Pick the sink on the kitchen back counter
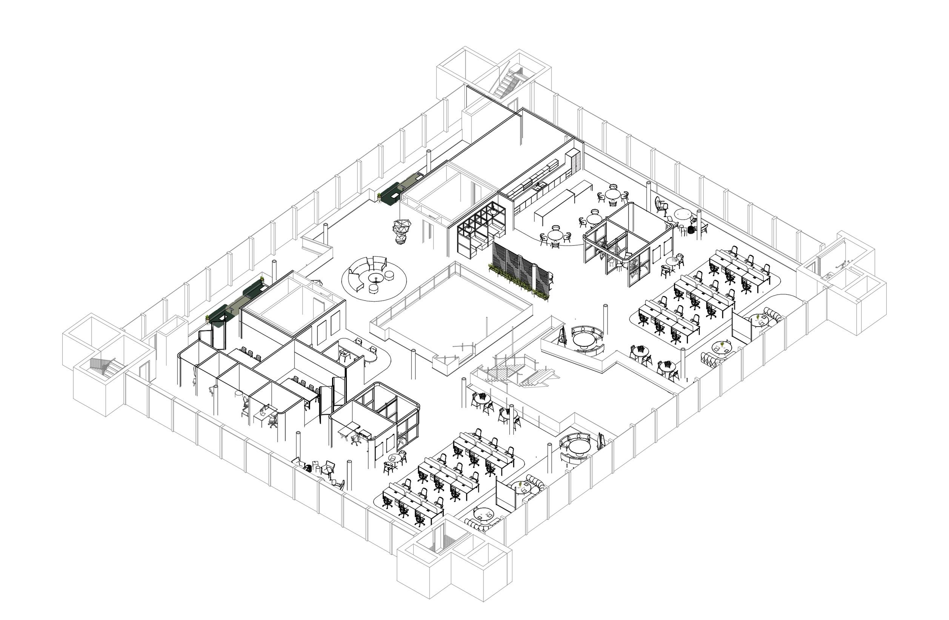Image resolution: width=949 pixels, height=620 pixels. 540,186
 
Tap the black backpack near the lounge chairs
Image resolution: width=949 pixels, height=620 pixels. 308,468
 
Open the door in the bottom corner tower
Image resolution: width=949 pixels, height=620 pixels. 440,537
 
